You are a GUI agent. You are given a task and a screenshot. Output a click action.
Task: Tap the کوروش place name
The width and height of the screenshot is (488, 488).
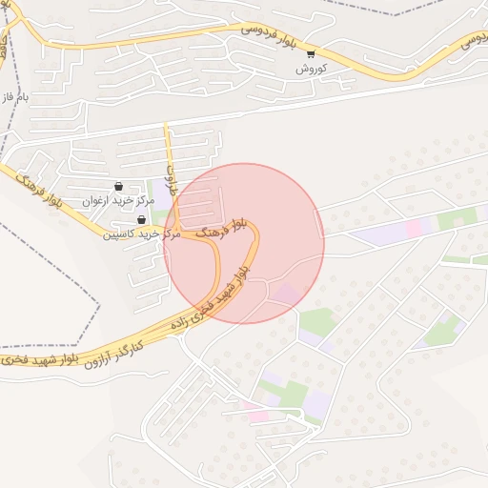tap(311, 69)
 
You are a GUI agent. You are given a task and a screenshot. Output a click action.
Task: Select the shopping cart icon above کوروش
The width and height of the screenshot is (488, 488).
tap(311, 53)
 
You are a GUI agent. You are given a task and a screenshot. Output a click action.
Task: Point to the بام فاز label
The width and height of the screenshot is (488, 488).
tap(17, 97)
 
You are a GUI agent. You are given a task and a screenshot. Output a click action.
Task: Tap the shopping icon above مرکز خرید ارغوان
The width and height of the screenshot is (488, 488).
tap(118, 186)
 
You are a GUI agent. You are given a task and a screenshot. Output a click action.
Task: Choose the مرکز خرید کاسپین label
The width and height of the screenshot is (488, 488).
tap(142, 234)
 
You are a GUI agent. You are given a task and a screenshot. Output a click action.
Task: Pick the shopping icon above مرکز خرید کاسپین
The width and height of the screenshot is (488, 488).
tap(142, 219)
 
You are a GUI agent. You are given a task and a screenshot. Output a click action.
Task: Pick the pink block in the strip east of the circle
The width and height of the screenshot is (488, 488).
tap(414, 228)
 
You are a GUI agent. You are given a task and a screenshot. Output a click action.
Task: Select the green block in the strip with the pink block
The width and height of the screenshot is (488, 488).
tap(457, 218)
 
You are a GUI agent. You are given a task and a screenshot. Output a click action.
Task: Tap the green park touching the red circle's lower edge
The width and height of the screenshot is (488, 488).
tap(318, 321)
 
